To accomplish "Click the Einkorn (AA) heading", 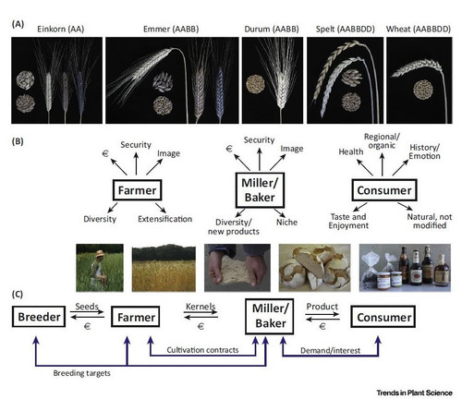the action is [61, 30].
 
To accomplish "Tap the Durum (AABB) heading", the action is [272, 30].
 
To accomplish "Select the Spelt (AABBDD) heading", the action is [346, 30].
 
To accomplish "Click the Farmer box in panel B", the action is [137, 190].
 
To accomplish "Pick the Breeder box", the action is [39, 317].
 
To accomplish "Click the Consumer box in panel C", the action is [383, 317].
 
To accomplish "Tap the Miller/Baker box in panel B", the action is [260, 190].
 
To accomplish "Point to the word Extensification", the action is [164, 219].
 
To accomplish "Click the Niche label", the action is [286, 222].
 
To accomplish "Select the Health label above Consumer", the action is [351, 151].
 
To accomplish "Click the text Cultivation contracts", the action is [202, 350].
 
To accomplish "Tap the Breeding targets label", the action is [81, 373].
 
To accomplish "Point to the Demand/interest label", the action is [330, 351].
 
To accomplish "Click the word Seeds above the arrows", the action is [87, 307].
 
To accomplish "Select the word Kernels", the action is [201, 307].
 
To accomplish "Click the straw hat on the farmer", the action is [100, 254].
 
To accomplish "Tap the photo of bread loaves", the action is [314, 268].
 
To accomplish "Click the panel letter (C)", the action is [18, 295].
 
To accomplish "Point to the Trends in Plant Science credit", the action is [414, 393].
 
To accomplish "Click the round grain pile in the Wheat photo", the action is [423, 90].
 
